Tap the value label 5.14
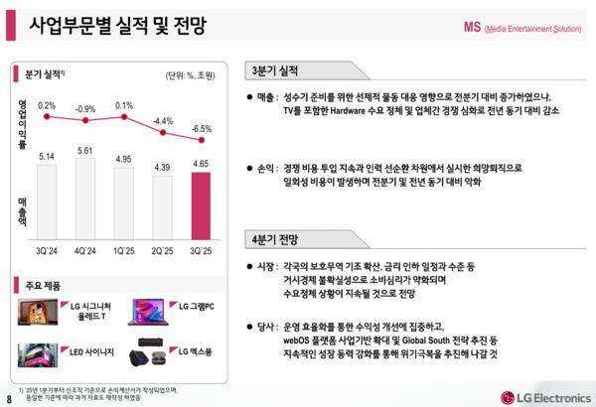[x=46, y=157]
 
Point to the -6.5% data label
[x=201, y=129]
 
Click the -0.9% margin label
[x=85, y=109]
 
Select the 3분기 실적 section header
[x=280, y=71]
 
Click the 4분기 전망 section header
[x=280, y=238]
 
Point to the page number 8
[x=10, y=398]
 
